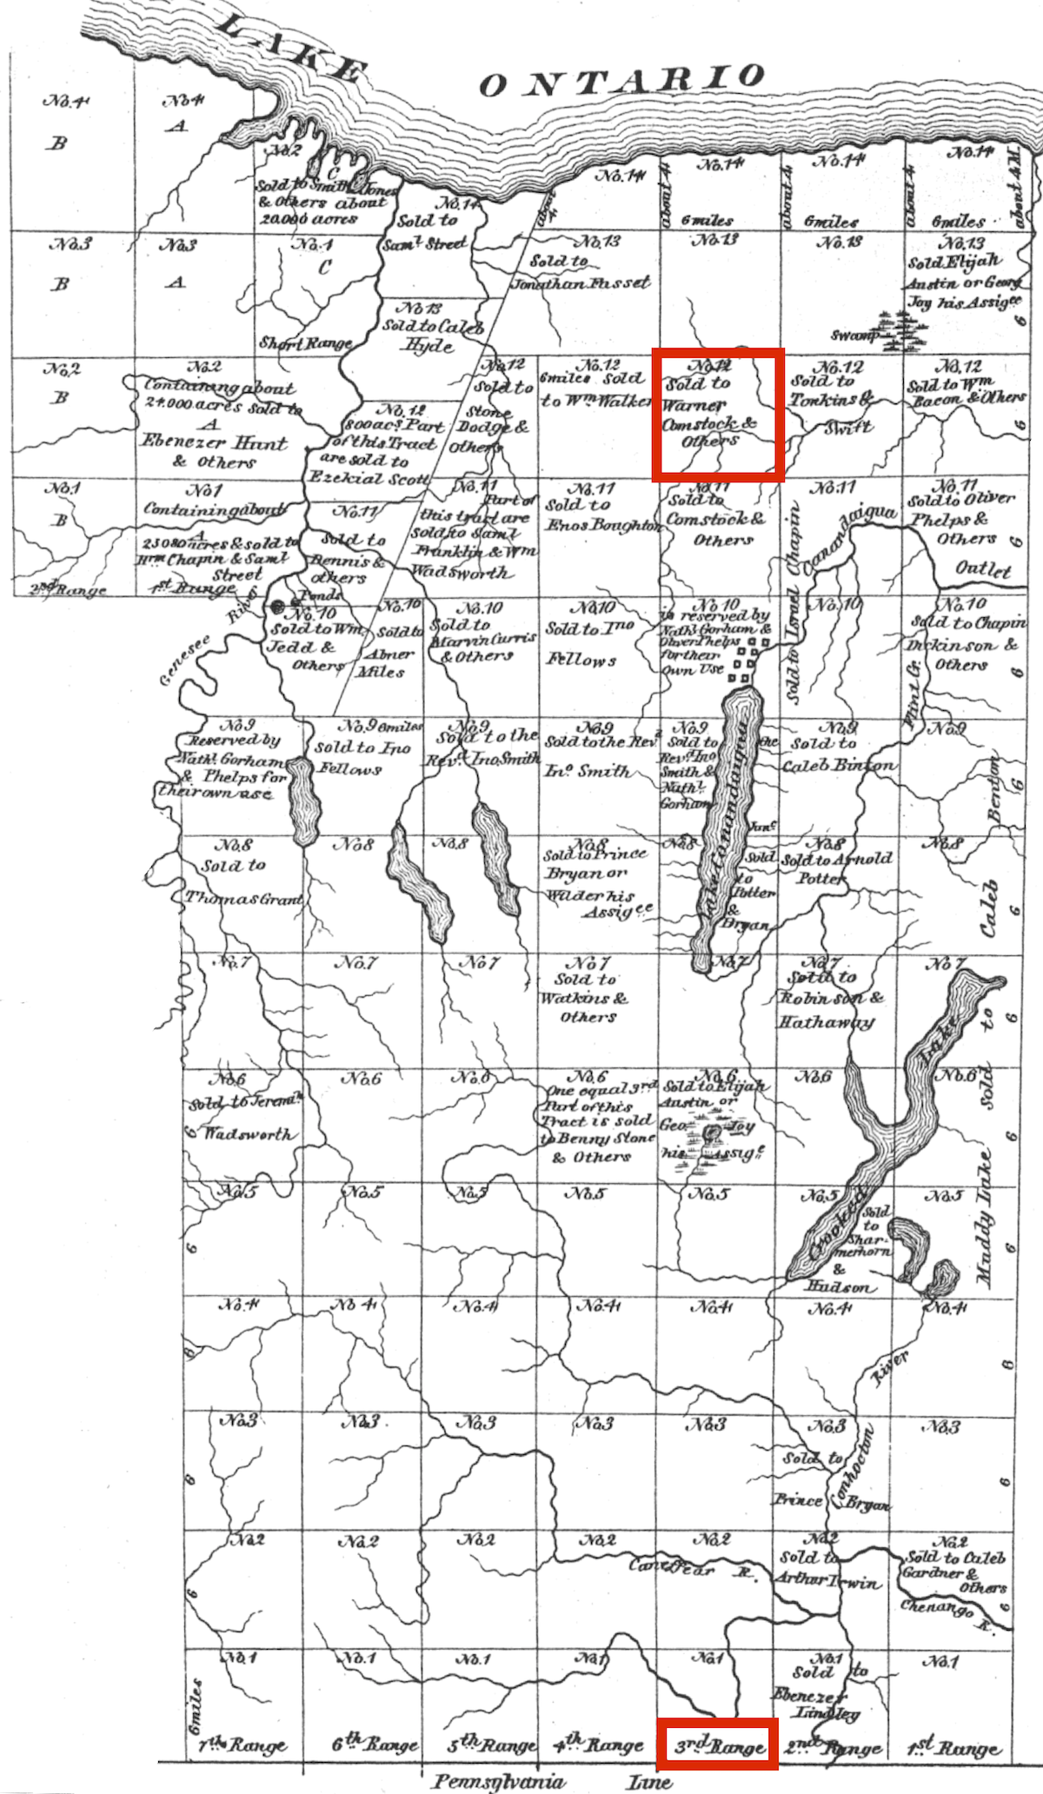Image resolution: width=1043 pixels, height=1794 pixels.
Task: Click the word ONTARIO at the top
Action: pos(621,80)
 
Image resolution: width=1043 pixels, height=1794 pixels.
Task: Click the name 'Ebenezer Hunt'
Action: pos(214,442)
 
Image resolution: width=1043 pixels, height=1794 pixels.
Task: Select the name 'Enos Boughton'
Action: pos(602,525)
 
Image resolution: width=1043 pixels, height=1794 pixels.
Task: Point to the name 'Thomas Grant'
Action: pos(243,899)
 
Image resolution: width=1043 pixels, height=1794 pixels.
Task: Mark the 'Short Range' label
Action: pos(304,343)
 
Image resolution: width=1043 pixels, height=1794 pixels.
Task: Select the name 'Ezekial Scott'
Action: pos(368,478)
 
